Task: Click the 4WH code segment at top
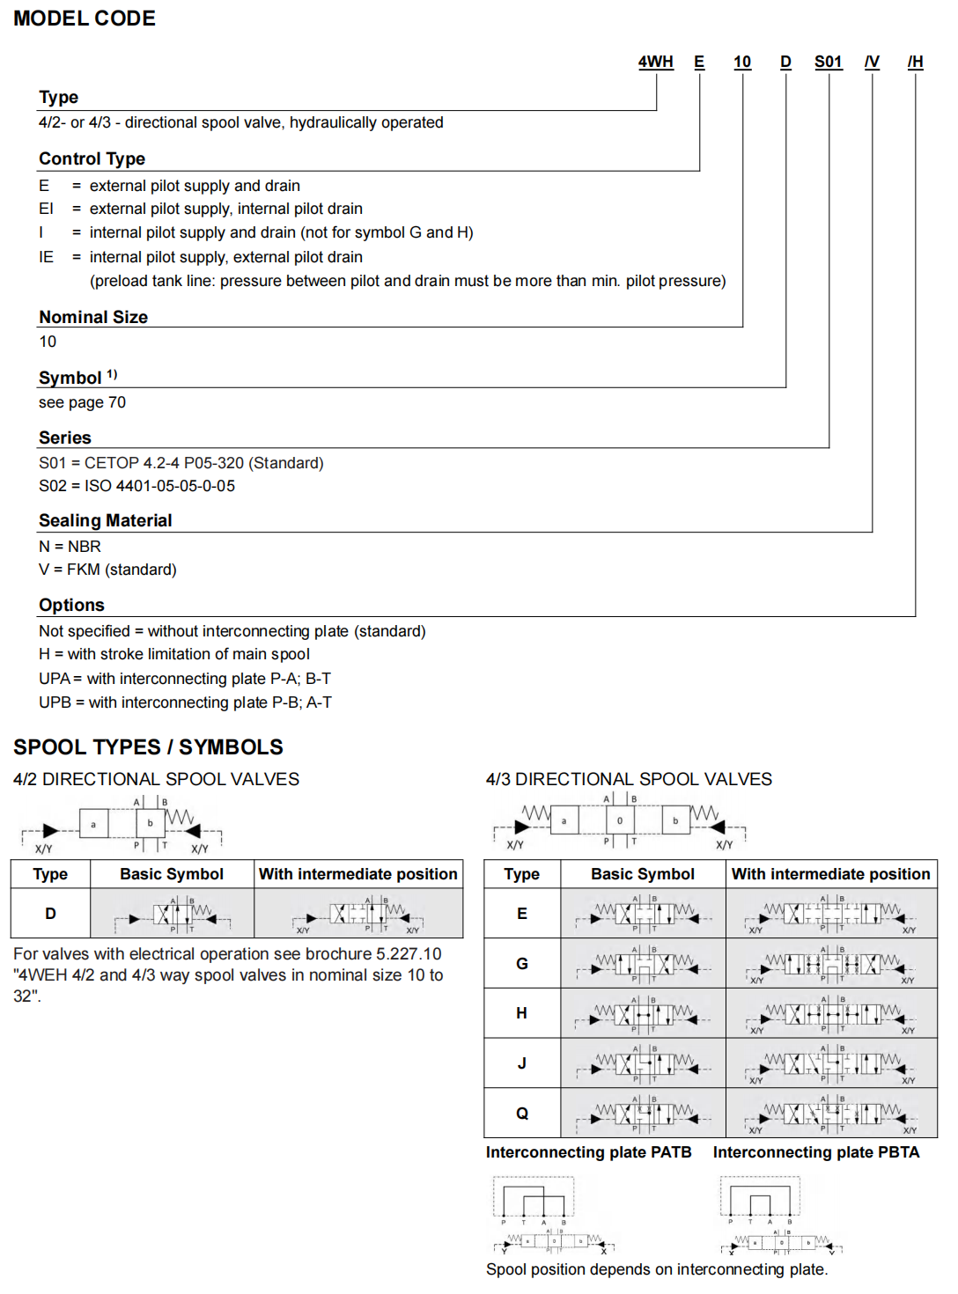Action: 655,62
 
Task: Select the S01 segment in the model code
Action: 828,62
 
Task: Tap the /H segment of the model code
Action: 915,62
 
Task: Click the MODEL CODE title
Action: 85,18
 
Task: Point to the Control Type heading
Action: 92,158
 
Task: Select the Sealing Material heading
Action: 105,520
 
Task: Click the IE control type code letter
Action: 46,257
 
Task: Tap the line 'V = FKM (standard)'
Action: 107,570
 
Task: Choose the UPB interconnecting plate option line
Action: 185,702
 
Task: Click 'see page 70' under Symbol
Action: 82,402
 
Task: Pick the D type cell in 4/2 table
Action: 50,914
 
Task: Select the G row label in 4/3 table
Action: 521,964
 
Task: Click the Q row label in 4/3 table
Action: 521,1114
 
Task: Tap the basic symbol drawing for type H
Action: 643,1015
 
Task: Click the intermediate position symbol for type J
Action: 831,1065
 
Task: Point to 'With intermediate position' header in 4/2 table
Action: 357,874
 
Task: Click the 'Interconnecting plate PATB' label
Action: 588,1152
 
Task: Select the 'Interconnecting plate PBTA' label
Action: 815,1152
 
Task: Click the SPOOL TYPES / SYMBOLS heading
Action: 148,747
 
